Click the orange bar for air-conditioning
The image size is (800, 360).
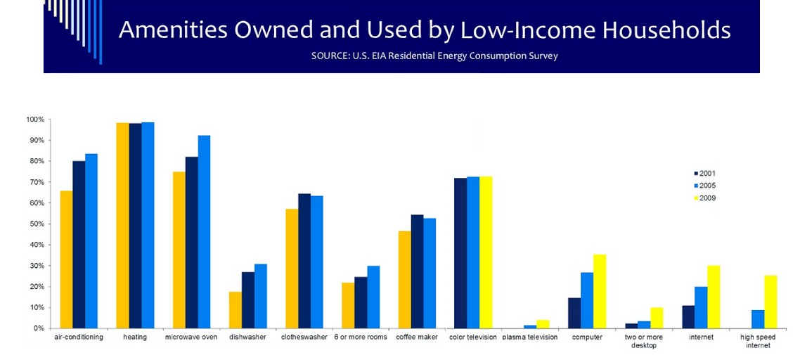[66, 259]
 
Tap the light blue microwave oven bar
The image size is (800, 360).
[205, 232]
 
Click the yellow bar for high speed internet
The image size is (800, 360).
[770, 302]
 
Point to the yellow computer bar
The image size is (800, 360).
[600, 291]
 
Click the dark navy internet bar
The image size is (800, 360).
[688, 316]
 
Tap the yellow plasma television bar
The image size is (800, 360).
[543, 324]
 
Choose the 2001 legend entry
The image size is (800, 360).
[704, 174]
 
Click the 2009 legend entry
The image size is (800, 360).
[704, 198]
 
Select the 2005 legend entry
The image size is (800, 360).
[704, 186]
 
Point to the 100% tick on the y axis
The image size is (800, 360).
[35, 120]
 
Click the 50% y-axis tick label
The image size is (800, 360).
[37, 224]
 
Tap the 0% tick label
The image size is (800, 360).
[39, 328]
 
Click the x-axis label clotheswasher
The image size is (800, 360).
[304, 337]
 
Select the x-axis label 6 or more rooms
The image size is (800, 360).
[361, 337]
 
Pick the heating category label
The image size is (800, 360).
[135, 337]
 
